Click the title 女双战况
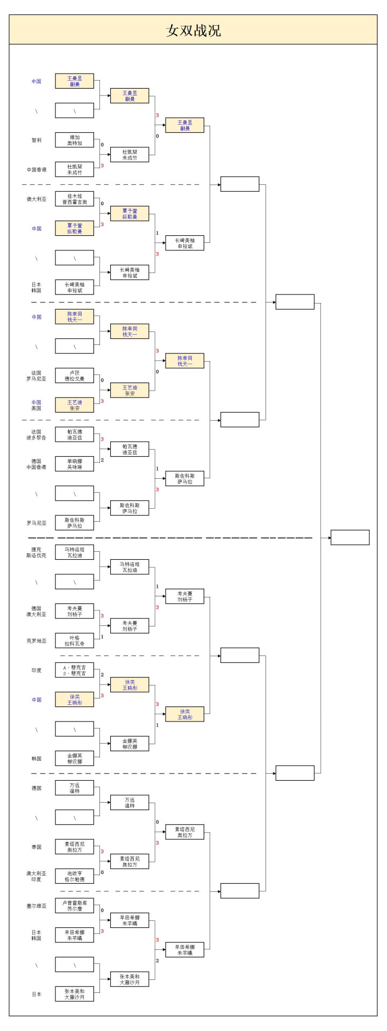tap(193, 30)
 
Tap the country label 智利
tap(36, 140)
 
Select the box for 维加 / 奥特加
tap(75, 140)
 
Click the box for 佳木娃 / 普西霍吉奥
tap(75, 199)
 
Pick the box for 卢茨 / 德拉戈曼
tap(75, 376)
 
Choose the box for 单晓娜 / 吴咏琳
tap(75, 464)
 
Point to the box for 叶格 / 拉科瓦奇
tap(75, 640)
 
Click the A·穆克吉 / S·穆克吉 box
tap(75, 670)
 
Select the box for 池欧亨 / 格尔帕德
tap(75, 876)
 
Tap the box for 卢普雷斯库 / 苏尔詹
tap(75, 906)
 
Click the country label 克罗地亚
tap(36, 640)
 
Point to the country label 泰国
tap(36, 847)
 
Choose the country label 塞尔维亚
tap(36, 906)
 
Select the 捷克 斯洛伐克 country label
tap(36, 552)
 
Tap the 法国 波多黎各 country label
tap(36, 435)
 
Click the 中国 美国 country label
tap(36, 405)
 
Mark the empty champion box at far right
tap(350, 537)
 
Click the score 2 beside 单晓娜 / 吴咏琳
tap(102, 460)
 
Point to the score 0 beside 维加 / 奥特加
tap(102, 145)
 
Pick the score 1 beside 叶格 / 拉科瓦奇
tap(102, 637)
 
